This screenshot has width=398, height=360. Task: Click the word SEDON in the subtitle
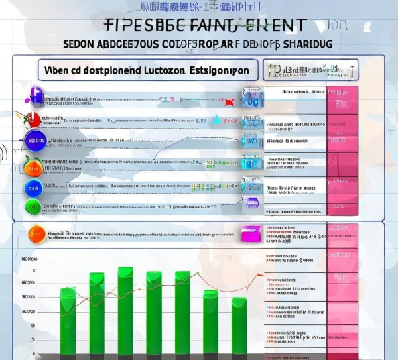(80, 44)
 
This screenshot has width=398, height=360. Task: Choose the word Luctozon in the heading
(163, 70)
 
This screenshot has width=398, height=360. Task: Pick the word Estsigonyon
(219, 70)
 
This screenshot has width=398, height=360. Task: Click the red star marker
(229, 102)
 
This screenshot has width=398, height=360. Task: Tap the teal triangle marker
(216, 120)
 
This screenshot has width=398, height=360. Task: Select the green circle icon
(33, 206)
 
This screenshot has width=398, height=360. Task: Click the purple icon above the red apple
(36, 99)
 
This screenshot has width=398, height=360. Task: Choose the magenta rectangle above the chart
(249, 234)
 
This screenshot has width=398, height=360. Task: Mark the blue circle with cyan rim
(33, 188)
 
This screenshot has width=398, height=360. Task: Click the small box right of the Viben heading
(310, 70)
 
